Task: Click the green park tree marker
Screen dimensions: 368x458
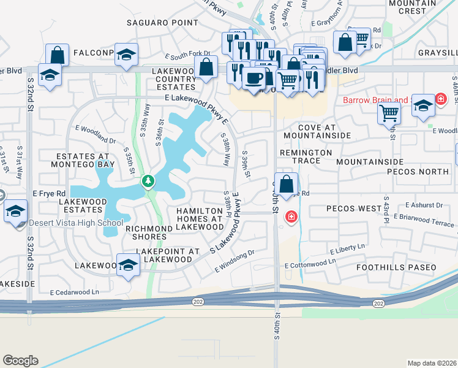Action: [148, 182]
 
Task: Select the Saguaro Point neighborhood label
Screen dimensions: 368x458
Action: [162, 23]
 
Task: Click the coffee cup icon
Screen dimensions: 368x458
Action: [253, 78]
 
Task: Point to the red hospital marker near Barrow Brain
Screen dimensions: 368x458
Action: [440, 98]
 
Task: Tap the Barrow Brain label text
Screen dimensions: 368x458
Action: [375, 100]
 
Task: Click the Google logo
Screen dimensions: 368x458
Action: [20, 361]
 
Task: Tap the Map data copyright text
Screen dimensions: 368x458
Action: [432, 363]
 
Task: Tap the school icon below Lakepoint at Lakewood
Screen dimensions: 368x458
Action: [128, 265]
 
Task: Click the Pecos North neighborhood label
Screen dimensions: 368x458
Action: [418, 172]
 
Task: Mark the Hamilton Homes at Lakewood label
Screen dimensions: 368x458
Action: [200, 218]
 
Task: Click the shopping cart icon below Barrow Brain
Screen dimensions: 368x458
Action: [389, 113]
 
